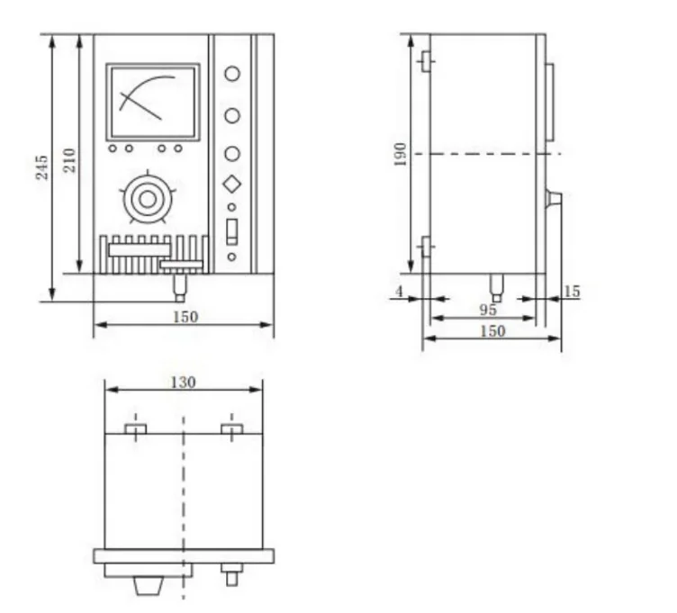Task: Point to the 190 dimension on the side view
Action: tap(402, 153)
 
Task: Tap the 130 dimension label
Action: tap(183, 382)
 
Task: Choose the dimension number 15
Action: tap(572, 292)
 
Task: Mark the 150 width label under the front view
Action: tap(185, 316)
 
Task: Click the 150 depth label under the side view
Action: tap(492, 331)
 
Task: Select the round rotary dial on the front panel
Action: tap(143, 196)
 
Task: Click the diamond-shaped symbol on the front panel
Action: tap(232, 184)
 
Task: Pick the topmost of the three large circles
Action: tap(232, 75)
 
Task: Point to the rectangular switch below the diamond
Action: tap(232, 231)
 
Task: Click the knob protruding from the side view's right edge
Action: tap(553, 198)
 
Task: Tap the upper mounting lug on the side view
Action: tap(426, 62)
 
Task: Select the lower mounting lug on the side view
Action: tap(426, 245)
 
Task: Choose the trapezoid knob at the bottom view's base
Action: tap(148, 586)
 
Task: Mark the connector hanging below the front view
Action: tap(180, 288)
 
